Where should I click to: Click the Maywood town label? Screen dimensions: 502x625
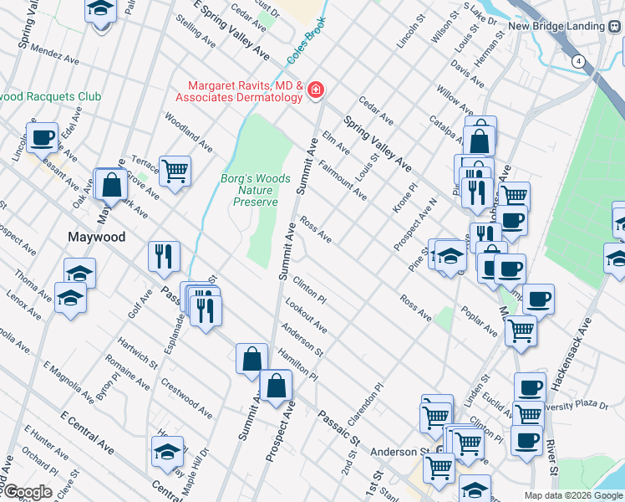click(x=96, y=237)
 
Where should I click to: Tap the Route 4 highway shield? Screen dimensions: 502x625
click(x=578, y=61)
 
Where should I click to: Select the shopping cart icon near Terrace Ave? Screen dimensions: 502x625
click(x=175, y=171)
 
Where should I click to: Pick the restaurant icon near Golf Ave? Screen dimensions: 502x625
click(x=163, y=254)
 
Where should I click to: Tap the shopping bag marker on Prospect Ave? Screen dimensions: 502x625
click(x=276, y=386)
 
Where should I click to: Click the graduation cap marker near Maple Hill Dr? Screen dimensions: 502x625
click(x=167, y=451)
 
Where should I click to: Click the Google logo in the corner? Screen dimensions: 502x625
click(x=27, y=492)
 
